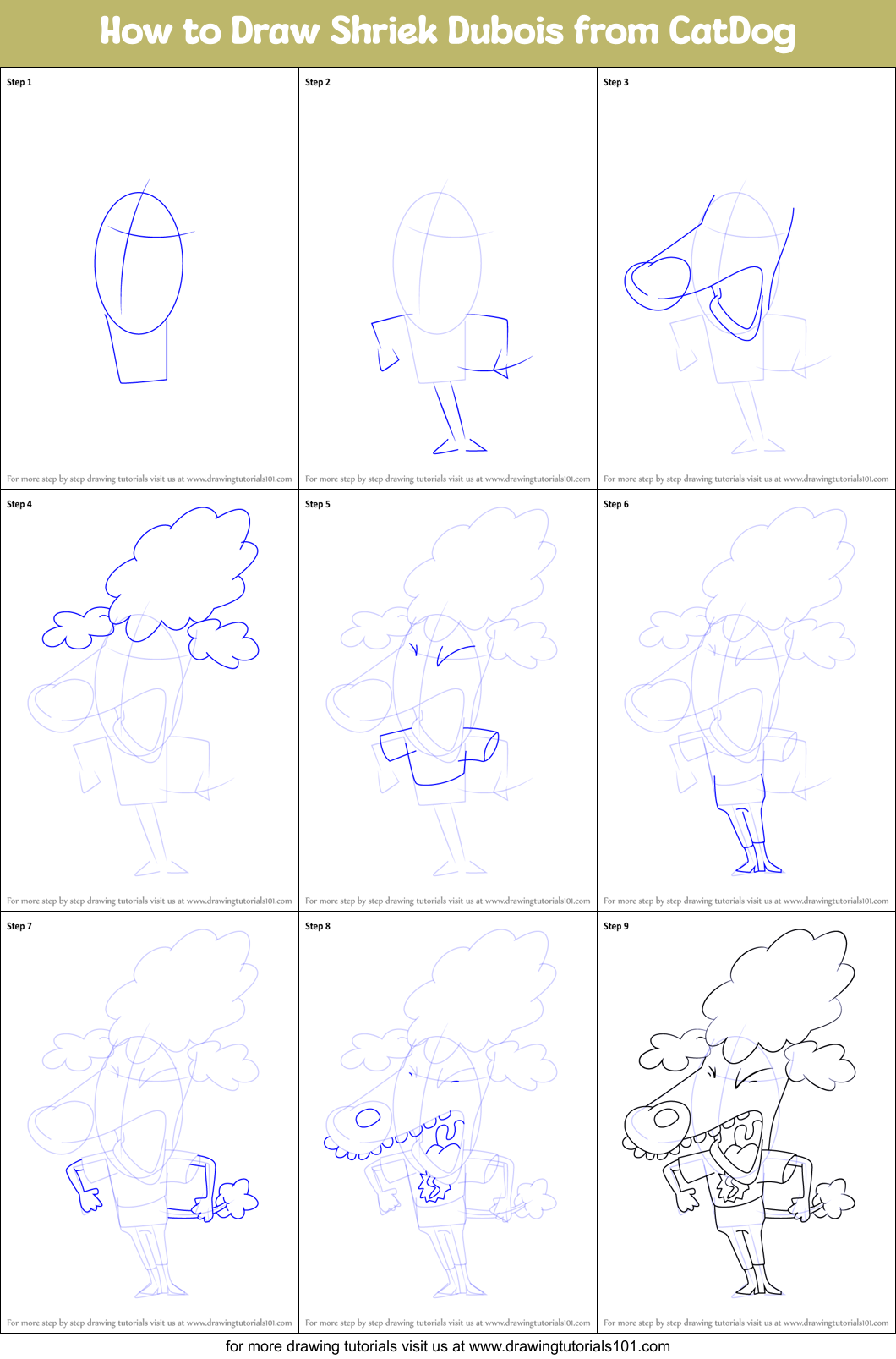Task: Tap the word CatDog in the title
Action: point(732,31)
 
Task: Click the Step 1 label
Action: point(19,82)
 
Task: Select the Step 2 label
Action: point(318,82)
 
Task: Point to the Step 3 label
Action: point(616,82)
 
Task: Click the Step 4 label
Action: point(19,504)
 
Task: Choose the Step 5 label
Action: point(318,504)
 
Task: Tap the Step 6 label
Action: point(616,504)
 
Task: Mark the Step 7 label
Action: point(19,926)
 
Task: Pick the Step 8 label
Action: point(318,926)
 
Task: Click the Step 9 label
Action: point(616,926)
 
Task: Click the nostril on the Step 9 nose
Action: point(666,1117)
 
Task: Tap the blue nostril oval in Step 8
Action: point(368,1118)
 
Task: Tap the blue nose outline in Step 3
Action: point(656,281)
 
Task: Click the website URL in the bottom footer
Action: point(569,1345)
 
